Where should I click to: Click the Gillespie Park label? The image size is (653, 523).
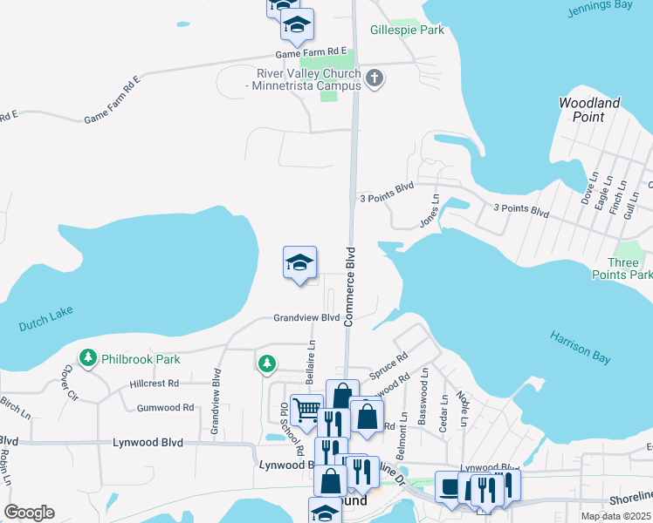tap(407, 31)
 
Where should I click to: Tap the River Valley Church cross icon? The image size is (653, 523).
tap(375, 79)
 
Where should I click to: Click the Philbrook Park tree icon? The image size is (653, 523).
tap(87, 357)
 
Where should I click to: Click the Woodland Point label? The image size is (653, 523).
tap(589, 110)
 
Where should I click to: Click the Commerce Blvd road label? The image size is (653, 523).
tap(350, 286)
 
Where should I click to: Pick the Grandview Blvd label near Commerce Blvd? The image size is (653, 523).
tap(306, 318)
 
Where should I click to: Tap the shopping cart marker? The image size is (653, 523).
tap(306, 409)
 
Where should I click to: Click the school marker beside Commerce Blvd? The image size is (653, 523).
tap(299, 263)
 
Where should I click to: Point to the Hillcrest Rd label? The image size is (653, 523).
tap(154, 383)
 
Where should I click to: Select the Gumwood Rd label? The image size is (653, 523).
tap(165, 407)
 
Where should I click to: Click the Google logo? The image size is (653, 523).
tap(28, 513)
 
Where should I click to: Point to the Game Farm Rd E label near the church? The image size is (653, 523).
tap(312, 52)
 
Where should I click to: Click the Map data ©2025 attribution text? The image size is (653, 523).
tap(615, 516)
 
